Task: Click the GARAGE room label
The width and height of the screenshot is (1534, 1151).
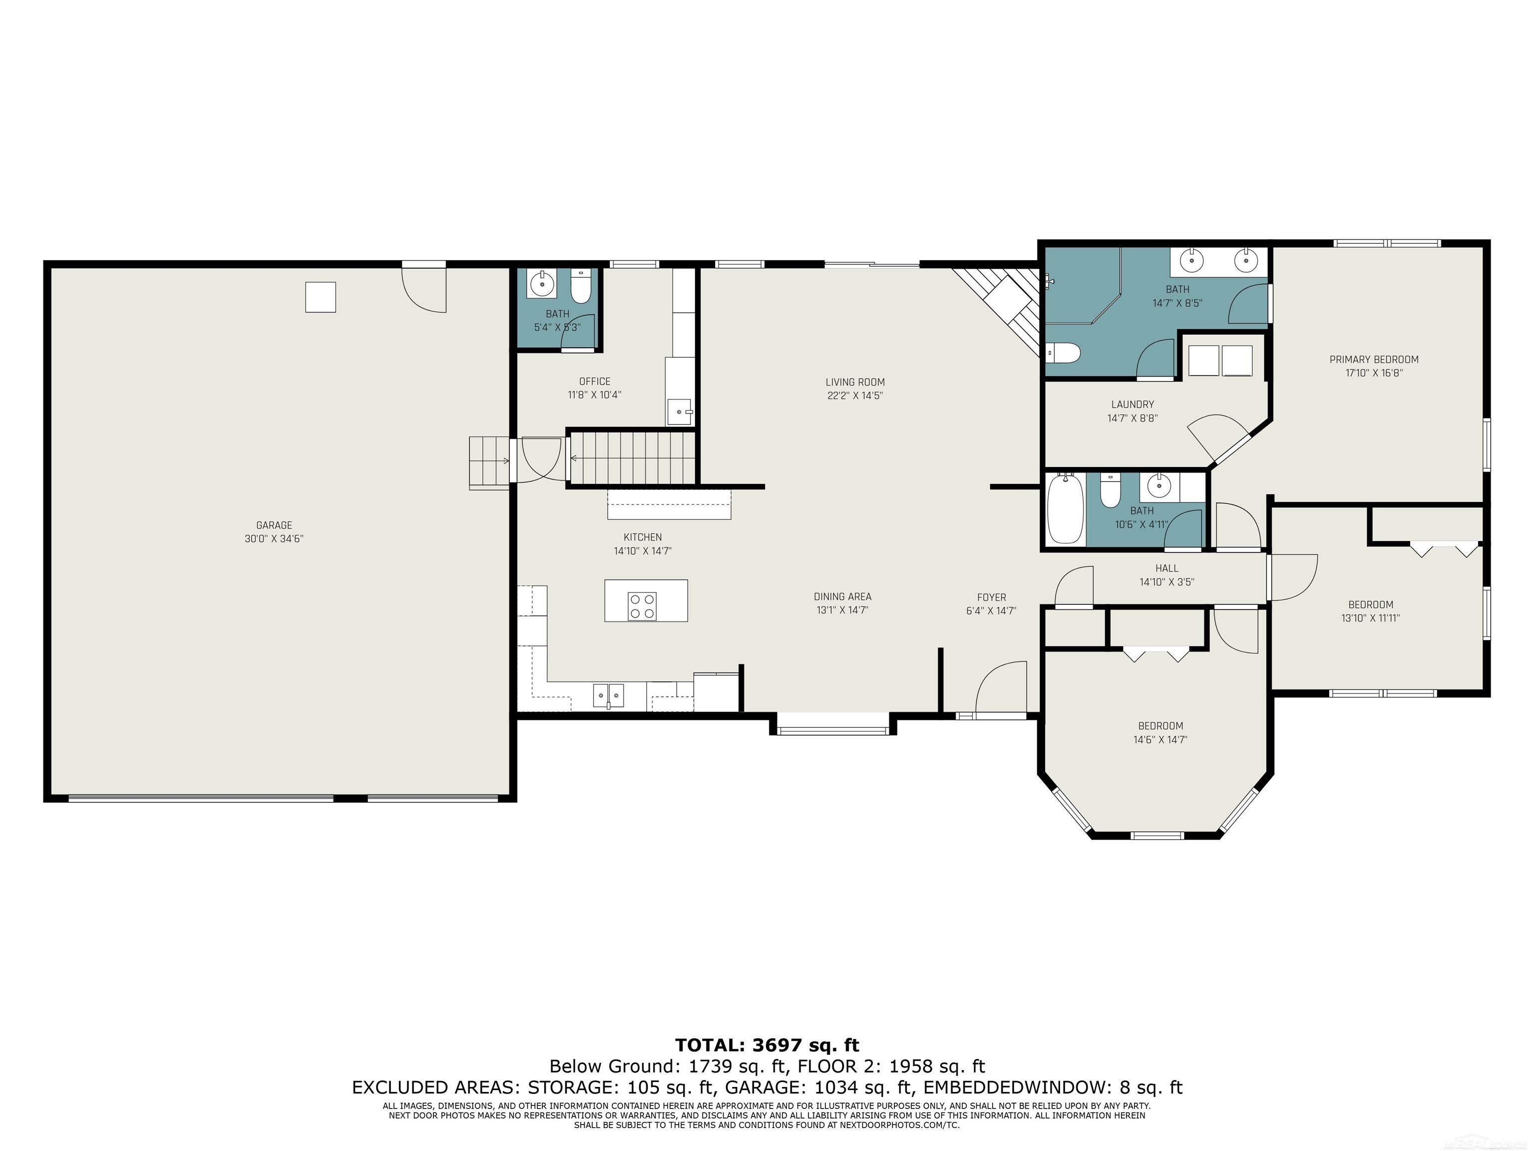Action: [x=274, y=525]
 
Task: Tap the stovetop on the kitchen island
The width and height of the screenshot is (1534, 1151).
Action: [x=642, y=605]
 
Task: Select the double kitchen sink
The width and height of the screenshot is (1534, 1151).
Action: [x=608, y=694]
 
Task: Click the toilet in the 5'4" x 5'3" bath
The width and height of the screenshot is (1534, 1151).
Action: [x=580, y=287]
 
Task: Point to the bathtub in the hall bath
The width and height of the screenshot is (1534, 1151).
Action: [x=1065, y=509]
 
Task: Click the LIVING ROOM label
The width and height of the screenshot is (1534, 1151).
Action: [x=855, y=382]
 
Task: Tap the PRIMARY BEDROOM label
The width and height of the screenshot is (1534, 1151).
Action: [x=1374, y=359]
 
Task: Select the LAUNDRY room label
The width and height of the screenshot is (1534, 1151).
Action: [x=1133, y=405]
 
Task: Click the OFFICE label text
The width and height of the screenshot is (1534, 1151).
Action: [x=594, y=382]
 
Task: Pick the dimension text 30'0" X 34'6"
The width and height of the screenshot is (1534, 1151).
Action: [x=274, y=539]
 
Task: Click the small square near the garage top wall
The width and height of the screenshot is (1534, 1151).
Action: [x=321, y=297]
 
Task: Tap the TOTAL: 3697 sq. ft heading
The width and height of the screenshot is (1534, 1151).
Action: [x=767, y=1045]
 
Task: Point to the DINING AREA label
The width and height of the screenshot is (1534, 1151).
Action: [x=842, y=596]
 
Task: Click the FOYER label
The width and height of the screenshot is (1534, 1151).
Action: [x=991, y=597]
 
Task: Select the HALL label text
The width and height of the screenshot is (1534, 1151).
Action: [x=1166, y=568]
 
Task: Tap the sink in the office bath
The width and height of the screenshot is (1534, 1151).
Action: [x=541, y=284]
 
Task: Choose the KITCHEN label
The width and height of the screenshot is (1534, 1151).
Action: [x=643, y=537]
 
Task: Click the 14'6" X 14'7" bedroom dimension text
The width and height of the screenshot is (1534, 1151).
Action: [x=1160, y=739]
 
